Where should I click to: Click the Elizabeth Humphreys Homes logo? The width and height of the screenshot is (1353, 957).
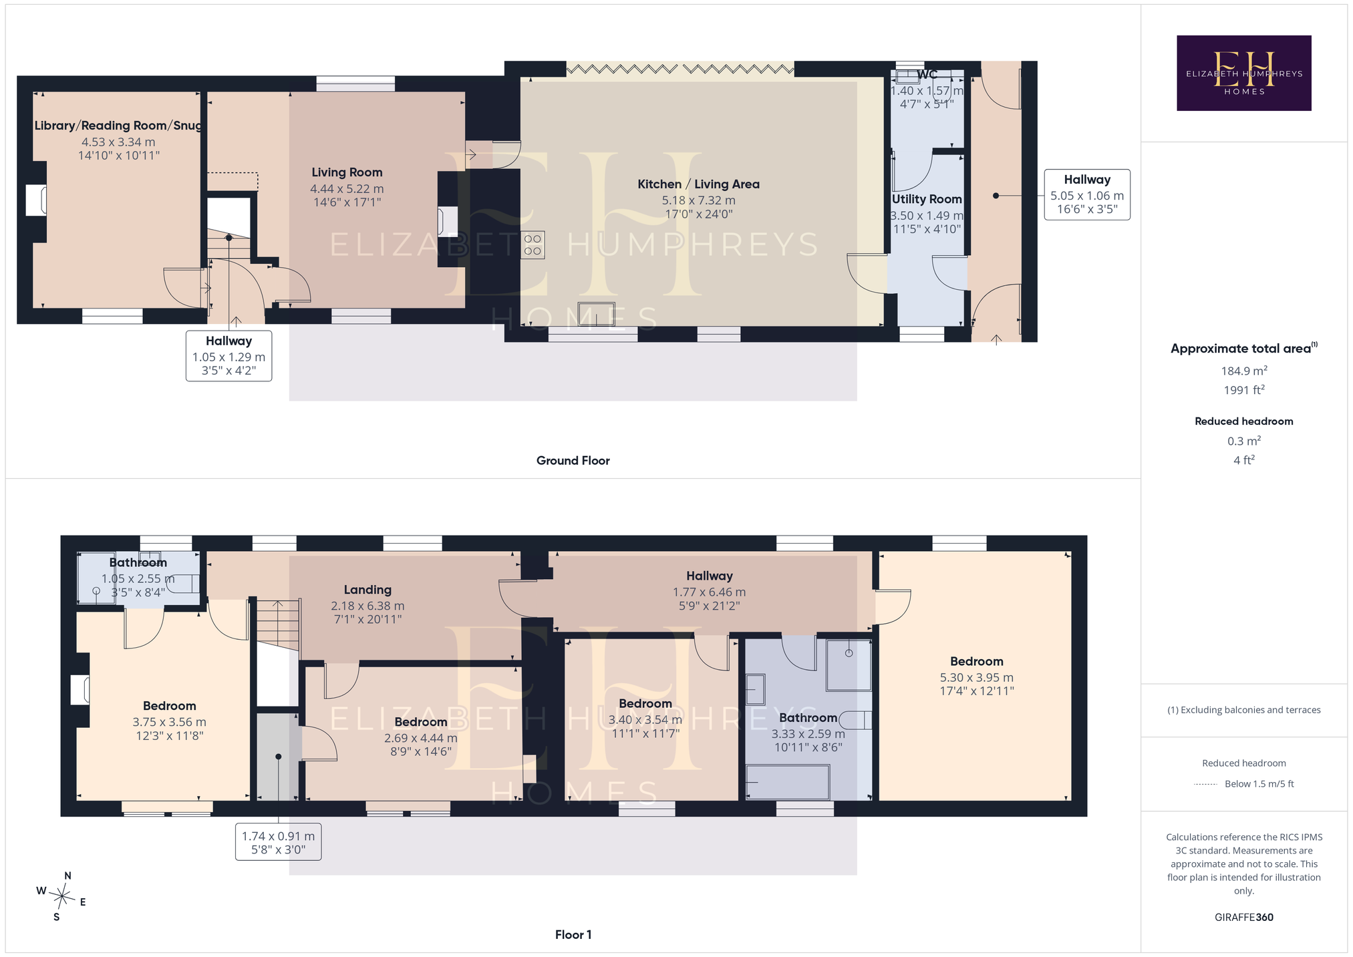click(1243, 73)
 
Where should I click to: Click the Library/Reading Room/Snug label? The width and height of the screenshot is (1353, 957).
click(118, 126)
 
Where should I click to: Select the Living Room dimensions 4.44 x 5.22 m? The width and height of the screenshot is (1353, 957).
click(347, 189)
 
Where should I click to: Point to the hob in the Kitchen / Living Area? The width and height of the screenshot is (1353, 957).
click(533, 244)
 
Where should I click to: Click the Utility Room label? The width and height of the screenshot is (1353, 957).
click(927, 199)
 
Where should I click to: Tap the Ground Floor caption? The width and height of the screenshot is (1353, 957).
click(573, 460)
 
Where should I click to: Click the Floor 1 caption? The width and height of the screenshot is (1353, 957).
click(573, 934)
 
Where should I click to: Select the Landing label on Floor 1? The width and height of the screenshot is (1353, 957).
click(367, 590)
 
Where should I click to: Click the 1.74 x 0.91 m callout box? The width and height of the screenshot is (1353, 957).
click(278, 842)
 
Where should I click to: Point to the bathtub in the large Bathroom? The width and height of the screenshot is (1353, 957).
click(788, 782)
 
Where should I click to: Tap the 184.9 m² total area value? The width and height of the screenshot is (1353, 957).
click(1244, 371)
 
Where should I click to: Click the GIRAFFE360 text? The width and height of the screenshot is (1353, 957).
click(1244, 917)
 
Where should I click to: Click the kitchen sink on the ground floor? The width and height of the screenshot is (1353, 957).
click(596, 314)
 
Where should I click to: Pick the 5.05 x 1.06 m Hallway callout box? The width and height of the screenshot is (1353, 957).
click(1087, 194)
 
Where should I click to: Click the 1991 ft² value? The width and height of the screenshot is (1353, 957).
click(1244, 390)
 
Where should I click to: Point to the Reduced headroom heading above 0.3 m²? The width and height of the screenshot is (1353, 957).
click(1244, 421)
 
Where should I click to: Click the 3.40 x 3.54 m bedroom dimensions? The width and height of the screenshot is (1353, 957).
click(645, 720)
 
